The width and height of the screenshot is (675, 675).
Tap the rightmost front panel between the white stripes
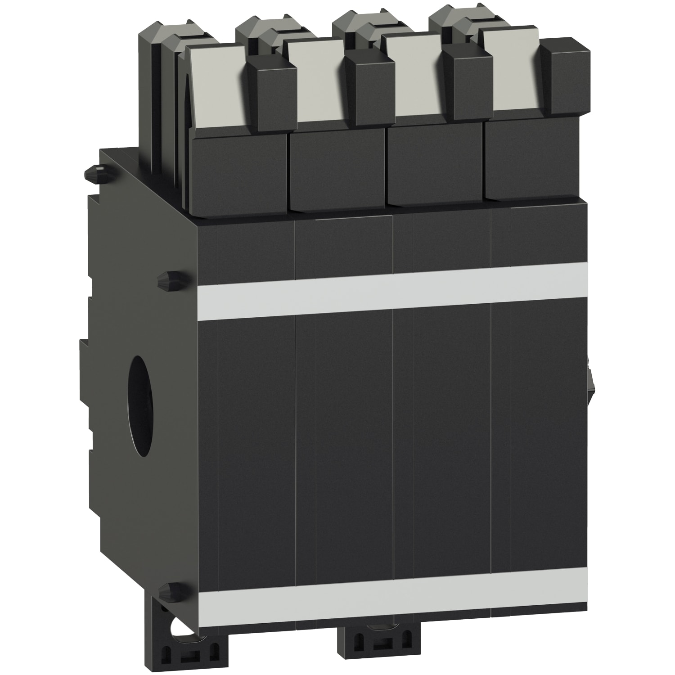tap(540, 432)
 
